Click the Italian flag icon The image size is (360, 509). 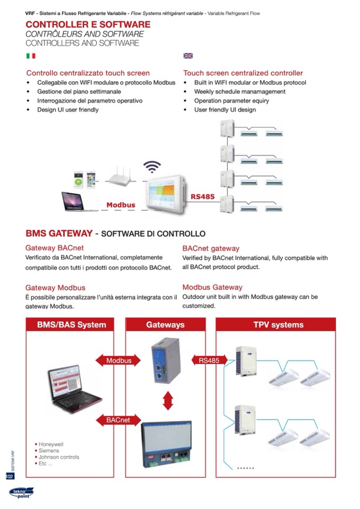coord(31,56)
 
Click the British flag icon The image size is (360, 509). coord(188,56)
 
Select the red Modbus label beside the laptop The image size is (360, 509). coord(121,205)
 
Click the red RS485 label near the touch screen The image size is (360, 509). coord(202,196)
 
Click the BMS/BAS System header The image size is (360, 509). coord(72,324)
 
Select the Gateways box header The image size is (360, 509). coord(165,324)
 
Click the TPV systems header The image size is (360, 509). coord(278,324)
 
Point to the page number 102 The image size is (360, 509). coord(10,476)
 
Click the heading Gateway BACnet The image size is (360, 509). coord(55,248)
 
